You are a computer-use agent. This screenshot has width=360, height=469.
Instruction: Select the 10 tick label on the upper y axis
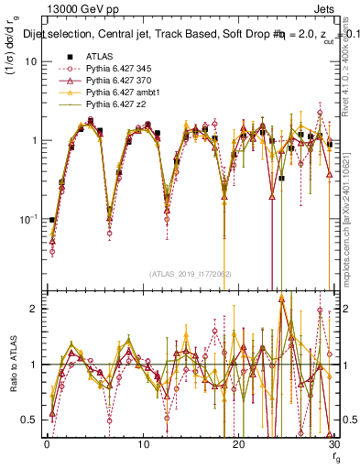point(31,61)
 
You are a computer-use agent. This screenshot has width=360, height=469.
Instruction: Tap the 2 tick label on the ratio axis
point(33,309)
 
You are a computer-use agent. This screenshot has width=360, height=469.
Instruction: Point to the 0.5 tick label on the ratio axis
point(29,420)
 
